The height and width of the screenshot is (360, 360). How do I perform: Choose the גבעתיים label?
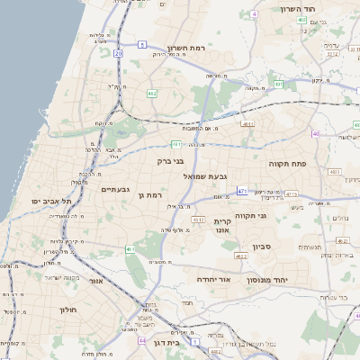point(116,189)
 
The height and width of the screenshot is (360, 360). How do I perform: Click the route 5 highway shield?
point(142,44)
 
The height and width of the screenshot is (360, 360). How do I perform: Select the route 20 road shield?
point(118,53)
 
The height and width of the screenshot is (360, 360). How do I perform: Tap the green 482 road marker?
point(152,93)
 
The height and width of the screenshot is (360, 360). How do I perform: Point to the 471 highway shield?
point(242,191)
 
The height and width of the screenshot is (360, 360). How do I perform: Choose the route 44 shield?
point(142,341)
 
